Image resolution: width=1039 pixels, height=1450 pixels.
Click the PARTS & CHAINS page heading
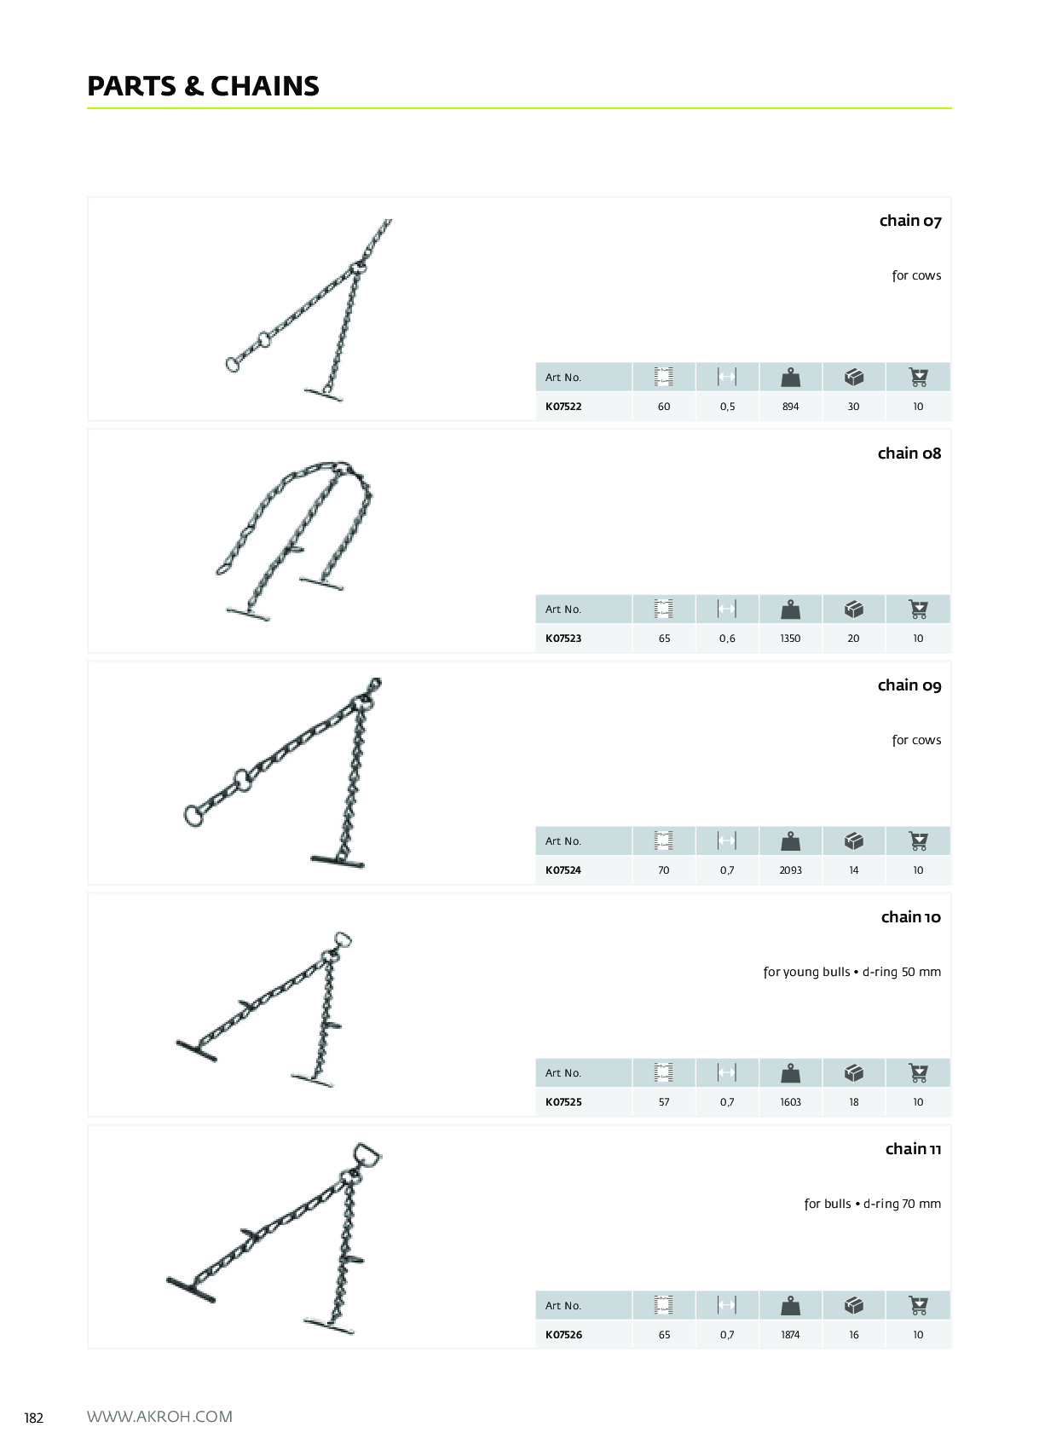click(203, 86)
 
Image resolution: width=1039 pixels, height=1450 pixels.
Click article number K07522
click(563, 407)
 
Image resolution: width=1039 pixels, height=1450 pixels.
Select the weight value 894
click(790, 407)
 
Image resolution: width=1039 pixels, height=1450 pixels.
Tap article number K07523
click(563, 638)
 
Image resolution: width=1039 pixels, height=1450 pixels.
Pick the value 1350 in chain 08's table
click(790, 638)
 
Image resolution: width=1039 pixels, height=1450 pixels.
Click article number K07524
click(563, 870)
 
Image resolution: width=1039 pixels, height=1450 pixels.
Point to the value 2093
click(790, 870)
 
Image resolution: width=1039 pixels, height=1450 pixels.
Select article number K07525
click(563, 1101)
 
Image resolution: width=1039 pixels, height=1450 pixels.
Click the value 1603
click(790, 1101)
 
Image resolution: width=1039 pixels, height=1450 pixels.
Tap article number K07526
click(563, 1335)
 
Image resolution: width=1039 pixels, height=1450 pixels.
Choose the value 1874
click(790, 1335)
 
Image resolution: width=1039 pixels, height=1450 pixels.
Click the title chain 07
click(910, 221)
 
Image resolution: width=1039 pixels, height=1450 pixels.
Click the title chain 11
click(914, 1149)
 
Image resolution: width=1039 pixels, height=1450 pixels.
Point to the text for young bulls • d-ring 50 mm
click(852, 972)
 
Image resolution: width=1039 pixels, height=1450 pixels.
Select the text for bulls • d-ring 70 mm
click(873, 1204)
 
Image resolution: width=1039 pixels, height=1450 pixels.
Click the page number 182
click(33, 1418)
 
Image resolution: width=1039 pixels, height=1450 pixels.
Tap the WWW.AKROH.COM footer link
click(159, 1417)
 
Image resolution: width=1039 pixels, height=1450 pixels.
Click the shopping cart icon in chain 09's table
click(918, 841)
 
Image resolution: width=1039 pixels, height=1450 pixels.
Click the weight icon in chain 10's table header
click(790, 1072)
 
